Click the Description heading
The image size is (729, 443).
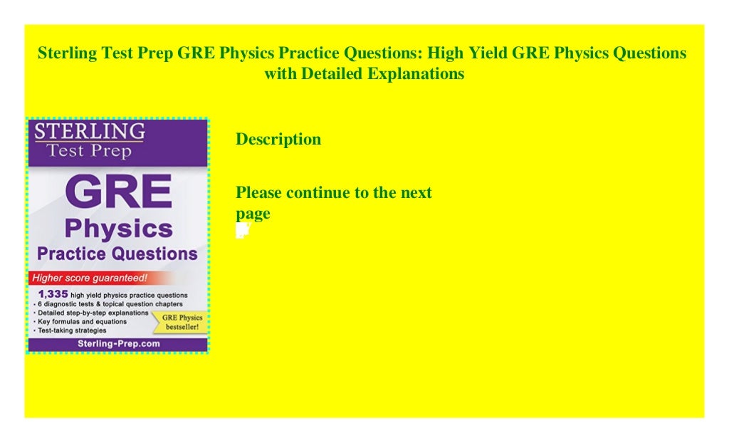[x=278, y=140]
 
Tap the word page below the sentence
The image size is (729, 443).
[x=253, y=213]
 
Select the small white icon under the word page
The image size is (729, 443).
[x=242, y=230]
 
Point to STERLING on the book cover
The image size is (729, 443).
[x=90, y=131]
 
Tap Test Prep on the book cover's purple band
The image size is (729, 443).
[x=90, y=150]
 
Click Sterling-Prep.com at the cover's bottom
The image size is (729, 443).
[x=117, y=343]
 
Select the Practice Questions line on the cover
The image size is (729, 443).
[x=117, y=254]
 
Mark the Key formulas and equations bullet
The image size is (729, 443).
[x=80, y=322]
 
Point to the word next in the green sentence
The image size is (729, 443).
[x=415, y=192]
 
